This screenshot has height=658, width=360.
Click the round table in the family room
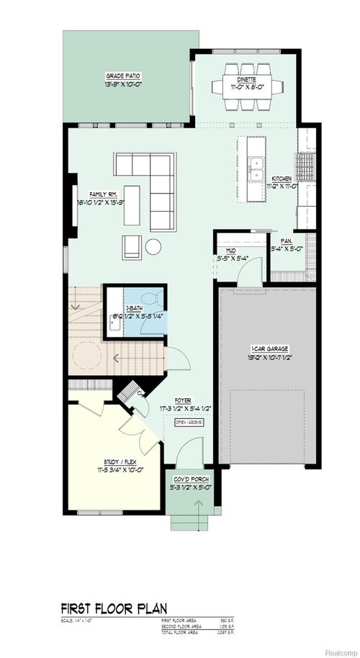(155, 247)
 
